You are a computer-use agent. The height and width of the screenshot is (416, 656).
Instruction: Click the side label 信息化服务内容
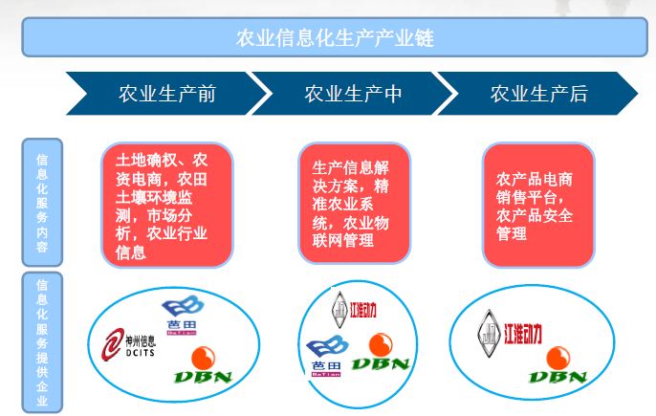(42, 202)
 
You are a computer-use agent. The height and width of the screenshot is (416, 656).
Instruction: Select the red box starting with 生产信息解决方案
(353, 202)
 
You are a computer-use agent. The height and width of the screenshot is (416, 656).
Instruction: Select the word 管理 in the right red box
(512, 233)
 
